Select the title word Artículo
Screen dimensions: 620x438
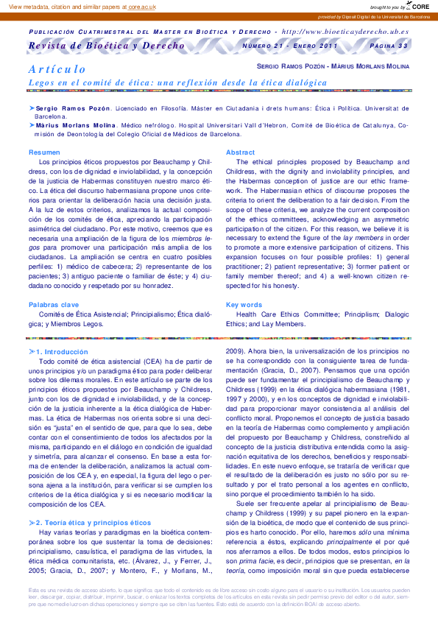tap(57, 69)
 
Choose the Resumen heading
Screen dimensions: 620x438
tap(44, 152)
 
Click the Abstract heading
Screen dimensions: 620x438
tap(240, 152)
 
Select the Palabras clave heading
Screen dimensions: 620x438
tap(54, 304)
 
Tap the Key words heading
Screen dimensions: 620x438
tap(244, 304)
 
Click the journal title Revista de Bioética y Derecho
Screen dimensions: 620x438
tap(106, 46)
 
